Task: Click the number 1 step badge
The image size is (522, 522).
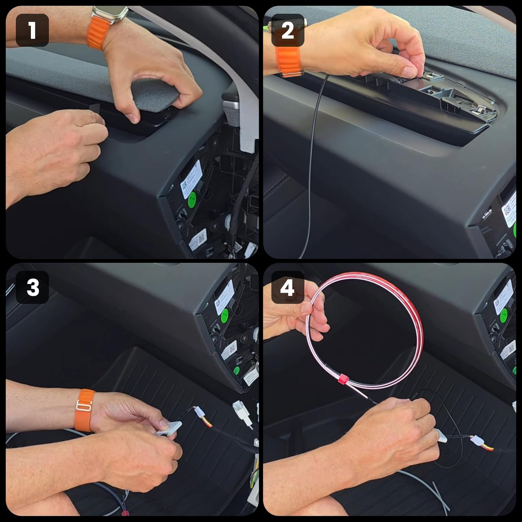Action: point(32,30)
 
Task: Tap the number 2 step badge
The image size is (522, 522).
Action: point(287,30)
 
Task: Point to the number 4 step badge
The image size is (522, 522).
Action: point(287,287)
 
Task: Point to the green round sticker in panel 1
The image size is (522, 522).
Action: point(192,200)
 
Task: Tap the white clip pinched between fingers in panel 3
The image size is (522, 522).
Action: point(169,428)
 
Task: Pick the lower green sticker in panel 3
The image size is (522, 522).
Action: point(237,370)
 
